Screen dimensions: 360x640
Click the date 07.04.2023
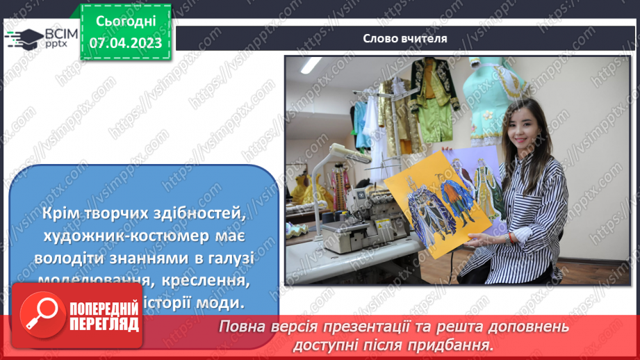point(125,42)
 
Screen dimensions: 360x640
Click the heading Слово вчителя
point(404,38)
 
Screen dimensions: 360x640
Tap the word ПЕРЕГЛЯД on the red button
point(104,324)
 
